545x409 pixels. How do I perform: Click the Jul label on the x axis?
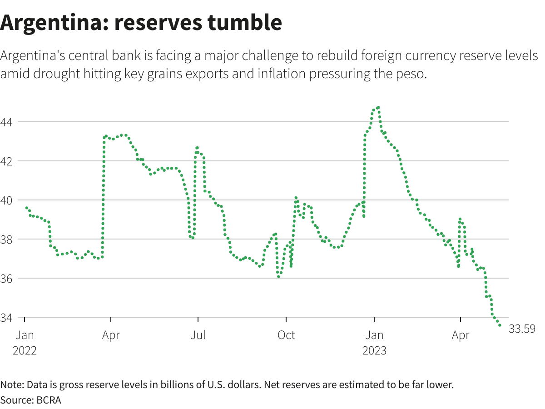198,335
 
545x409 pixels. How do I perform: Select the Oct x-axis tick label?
286,335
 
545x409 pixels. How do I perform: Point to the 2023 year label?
374,351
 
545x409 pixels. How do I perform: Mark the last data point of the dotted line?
500,325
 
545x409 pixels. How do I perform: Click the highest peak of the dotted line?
378,108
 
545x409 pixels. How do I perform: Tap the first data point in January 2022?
27,208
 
